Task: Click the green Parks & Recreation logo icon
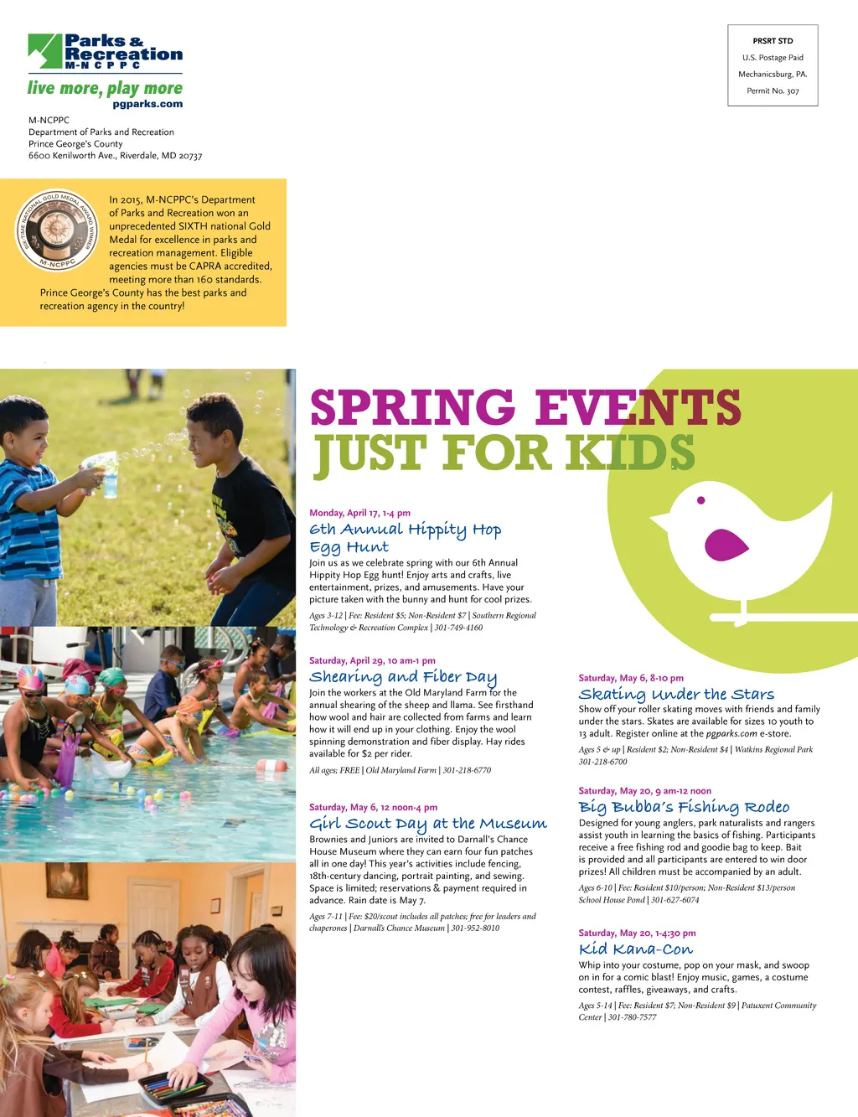point(45,51)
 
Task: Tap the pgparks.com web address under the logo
point(147,104)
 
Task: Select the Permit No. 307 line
point(773,90)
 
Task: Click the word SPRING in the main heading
point(412,407)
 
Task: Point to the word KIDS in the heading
point(630,452)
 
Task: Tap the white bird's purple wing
point(726,544)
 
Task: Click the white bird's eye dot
point(701,500)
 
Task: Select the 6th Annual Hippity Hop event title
point(405,537)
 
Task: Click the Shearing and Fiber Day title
point(403,677)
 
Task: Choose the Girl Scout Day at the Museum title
point(427,824)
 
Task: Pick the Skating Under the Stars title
point(676,694)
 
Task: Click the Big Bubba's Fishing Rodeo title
point(684,807)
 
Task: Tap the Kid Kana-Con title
point(636,949)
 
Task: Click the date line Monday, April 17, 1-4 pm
point(359,513)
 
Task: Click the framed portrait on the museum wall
point(66,881)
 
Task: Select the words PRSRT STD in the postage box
point(773,40)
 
